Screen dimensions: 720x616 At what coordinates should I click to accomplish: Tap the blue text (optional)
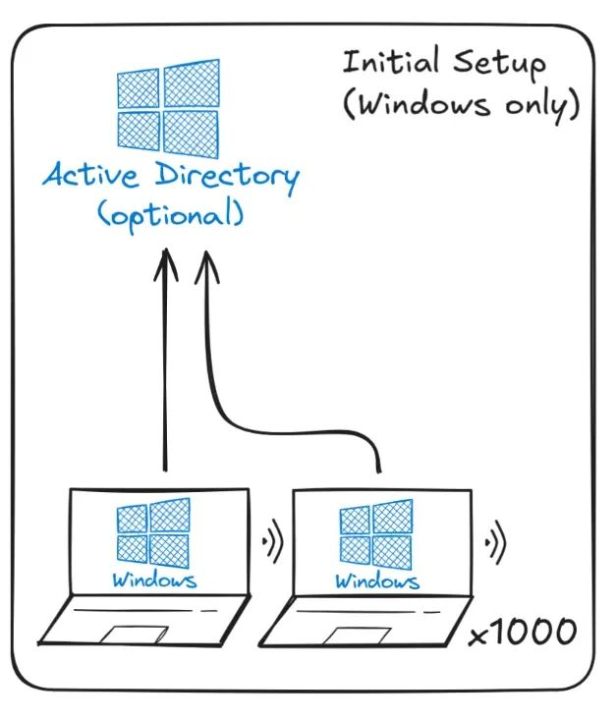pyautogui.click(x=170, y=213)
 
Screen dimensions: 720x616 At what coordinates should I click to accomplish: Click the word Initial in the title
pyautogui.click(x=391, y=62)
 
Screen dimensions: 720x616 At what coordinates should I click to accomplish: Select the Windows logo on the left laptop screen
pyautogui.click(x=152, y=531)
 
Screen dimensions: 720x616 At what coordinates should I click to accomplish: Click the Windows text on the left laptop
pyautogui.click(x=153, y=580)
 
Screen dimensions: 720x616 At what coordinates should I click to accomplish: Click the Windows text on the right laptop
pyautogui.click(x=376, y=581)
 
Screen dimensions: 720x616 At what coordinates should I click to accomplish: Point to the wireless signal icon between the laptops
pyautogui.click(x=272, y=539)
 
